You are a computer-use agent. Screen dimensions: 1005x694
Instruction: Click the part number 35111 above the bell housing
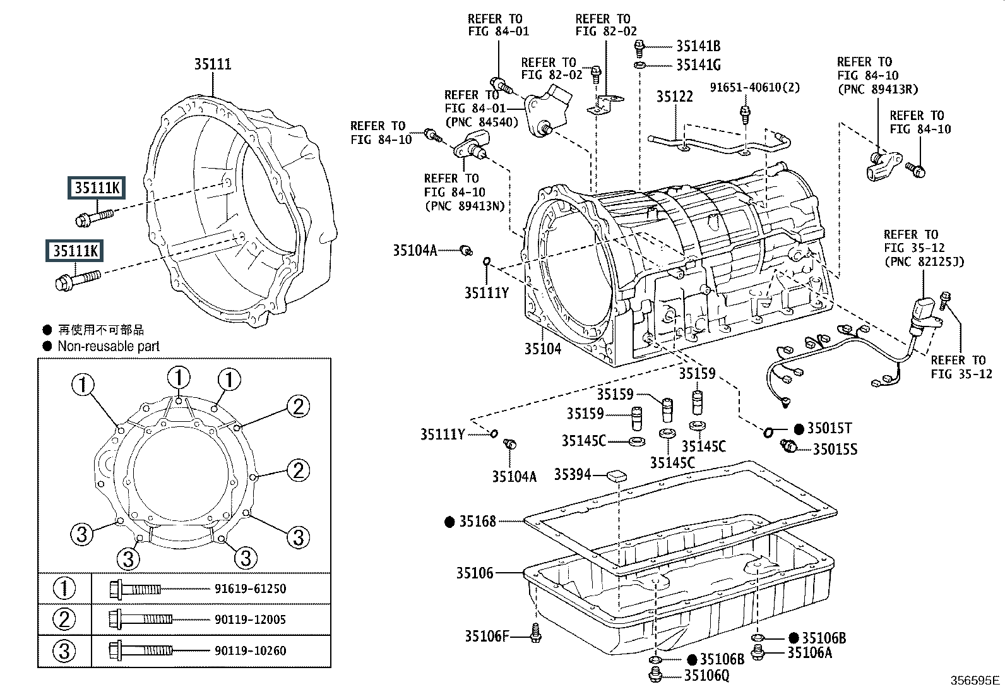click(x=213, y=64)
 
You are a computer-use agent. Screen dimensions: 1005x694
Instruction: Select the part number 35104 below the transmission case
click(x=543, y=349)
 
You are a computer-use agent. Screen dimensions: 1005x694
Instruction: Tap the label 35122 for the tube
click(x=675, y=97)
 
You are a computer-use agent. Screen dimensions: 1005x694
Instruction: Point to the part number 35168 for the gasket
click(x=477, y=522)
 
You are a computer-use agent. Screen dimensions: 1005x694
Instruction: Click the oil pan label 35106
click(x=475, y=573)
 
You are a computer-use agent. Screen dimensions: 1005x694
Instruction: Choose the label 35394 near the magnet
click(x=573, y=474)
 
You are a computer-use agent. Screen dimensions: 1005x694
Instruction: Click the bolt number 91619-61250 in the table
click(x=251, y=589)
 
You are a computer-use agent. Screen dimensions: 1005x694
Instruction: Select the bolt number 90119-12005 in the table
click(x=251, y=619)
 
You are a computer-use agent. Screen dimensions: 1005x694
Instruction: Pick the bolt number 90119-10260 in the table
click(x=251, y=650)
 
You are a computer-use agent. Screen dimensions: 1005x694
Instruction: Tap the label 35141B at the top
click(x=699, y=46)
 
